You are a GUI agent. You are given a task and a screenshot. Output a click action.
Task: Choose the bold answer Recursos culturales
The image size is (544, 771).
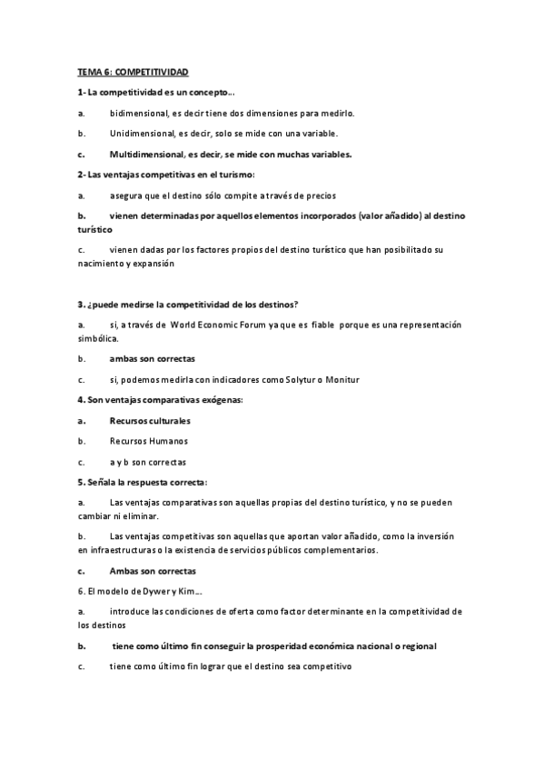tap(150, 421)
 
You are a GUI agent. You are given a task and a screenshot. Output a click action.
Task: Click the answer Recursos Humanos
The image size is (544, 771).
tap(148, 441)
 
